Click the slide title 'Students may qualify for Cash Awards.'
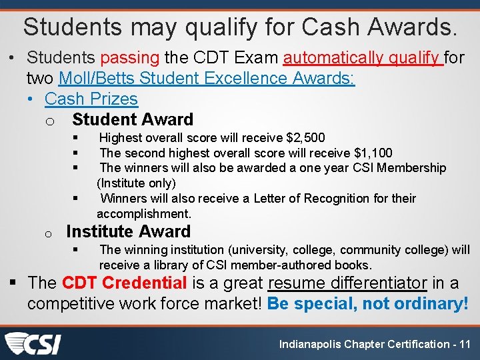[240, 27]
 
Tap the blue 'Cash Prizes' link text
[91, 99]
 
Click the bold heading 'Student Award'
[133, 120]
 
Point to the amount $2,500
[305, 138]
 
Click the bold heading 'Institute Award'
[129, 232]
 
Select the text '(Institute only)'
[136, 183]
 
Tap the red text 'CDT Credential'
[124, 283]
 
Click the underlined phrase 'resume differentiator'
[347, 283]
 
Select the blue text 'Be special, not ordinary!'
[367, 304]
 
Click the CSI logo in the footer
[33, 343]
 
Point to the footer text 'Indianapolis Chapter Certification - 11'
[375, 344]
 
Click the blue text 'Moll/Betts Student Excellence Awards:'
[207, 79]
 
